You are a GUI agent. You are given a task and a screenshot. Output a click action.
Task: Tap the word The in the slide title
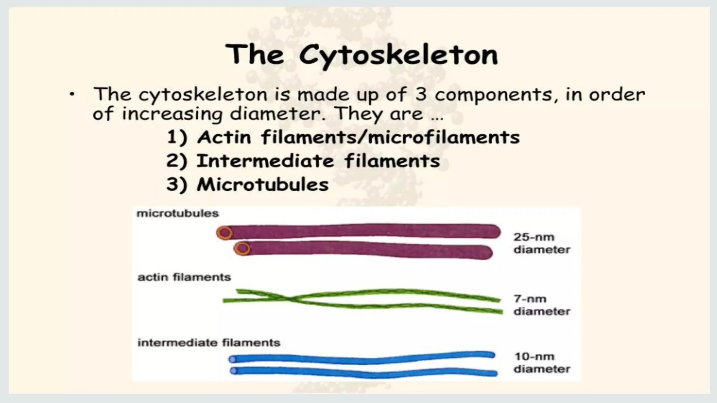pos(254,54)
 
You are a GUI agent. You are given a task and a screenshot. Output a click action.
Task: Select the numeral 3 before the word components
pos(420,95)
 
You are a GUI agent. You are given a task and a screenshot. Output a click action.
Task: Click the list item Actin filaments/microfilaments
pos(343,137)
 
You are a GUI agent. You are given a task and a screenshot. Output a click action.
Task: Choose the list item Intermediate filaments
pos(303,161)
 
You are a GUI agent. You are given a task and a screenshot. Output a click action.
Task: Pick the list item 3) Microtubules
pos(248,184)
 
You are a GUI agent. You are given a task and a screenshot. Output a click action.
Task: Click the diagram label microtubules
pos(178,213)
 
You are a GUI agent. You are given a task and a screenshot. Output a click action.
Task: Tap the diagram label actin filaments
pos(184,277)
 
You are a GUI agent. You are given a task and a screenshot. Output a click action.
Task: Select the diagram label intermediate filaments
pos(209,343)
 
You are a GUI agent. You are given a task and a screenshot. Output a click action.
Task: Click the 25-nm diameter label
pos(542,243)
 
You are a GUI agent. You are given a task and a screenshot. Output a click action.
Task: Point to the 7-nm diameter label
pos(542,305)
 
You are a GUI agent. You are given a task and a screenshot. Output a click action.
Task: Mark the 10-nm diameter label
pos(542,363)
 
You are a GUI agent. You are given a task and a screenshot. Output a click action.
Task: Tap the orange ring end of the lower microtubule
pos(242,249)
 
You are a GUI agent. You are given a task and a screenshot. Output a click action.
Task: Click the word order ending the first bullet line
pos(617,95)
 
